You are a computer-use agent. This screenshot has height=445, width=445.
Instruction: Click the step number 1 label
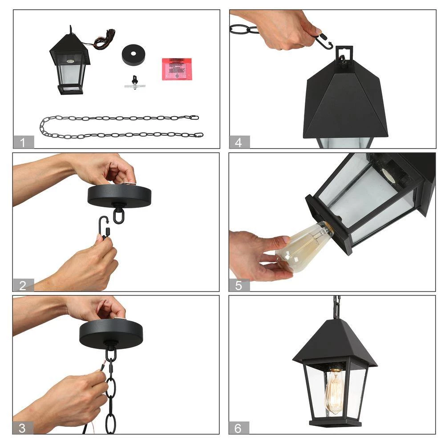24,142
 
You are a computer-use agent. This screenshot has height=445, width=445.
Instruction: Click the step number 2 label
23,285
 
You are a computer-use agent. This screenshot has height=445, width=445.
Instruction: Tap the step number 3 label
23,428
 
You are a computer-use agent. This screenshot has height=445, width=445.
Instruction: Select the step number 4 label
239,142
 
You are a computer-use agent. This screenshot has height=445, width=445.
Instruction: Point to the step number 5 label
239,285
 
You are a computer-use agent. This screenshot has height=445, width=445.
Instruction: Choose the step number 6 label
239,428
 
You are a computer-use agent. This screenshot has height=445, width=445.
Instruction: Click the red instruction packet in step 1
177,69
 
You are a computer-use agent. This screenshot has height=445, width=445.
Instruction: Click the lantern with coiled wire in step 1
70,65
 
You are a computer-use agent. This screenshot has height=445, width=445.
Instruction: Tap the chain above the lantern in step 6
337,307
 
